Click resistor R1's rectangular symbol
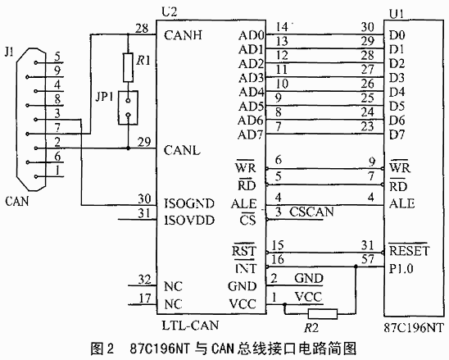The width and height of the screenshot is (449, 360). coord(128,67)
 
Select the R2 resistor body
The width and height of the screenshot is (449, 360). coord(323,314)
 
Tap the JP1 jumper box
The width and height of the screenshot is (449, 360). coord(128,107)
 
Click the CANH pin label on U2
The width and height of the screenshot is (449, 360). coord(183,35)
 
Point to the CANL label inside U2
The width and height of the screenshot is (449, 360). coord(182,150)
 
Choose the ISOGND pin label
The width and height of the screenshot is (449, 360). coord(189,203)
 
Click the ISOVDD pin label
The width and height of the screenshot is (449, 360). coord(189,221)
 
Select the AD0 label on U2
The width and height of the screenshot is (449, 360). coord(251,35)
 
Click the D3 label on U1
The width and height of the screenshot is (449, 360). coord(397,78)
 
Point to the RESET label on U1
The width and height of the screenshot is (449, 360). coord(409,251)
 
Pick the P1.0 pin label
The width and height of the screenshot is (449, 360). coord(401,269)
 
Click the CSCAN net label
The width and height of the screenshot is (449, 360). coord(311,212)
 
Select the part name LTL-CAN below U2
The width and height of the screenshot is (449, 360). coord(190,325)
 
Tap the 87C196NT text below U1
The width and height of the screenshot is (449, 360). coord(414,327)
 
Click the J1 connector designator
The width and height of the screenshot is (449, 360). coord(9,52)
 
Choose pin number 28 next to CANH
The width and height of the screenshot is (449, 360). coord(142,28)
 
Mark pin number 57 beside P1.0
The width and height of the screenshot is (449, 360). coord(368,259)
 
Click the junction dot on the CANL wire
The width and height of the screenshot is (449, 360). coord(128,148)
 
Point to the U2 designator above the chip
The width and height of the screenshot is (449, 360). coord(170,12)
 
